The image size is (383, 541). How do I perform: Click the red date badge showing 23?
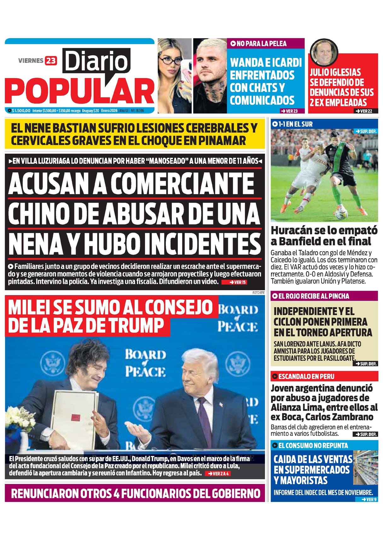[x=51, y=60]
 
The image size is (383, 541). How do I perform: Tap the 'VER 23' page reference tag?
[x=288, y=111]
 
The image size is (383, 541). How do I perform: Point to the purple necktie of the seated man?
[x=204, y=419]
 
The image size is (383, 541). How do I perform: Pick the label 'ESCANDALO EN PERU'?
[x=306, y=376]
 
